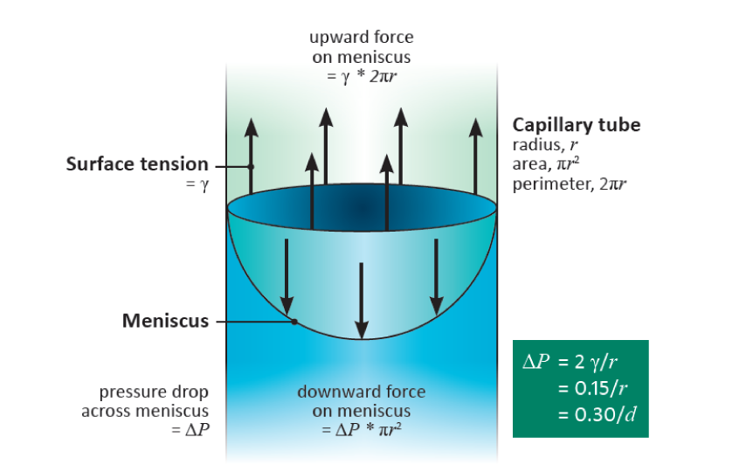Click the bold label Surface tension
click(137, 164)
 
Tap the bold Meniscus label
click(165, 321)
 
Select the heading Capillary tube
click(576, 125)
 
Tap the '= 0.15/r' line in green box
click(590, 386)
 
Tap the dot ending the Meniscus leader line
click(295, 322)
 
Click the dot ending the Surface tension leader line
click(251, 165)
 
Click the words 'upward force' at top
click(362, 38)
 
